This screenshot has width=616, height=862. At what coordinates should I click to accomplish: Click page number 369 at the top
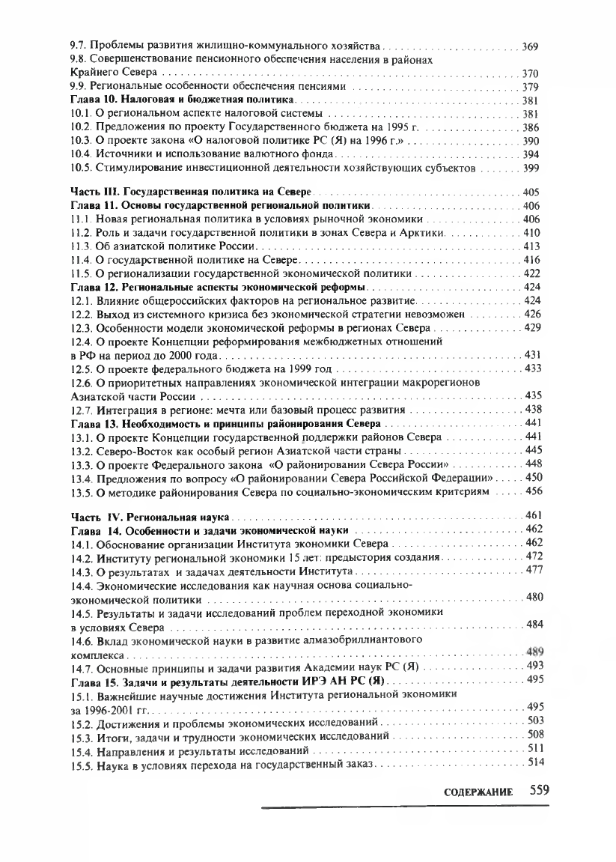click(x=530, y=47)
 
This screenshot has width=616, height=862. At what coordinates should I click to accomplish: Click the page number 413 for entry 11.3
click(x=532, y=246)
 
